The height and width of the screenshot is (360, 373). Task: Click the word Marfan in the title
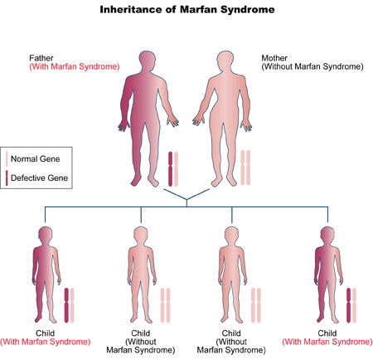(x=198, y=9)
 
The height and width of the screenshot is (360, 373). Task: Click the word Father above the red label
(x=41, y=58)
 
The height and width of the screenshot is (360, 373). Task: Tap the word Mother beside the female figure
(x=274, y=58)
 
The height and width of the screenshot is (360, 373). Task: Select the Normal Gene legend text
(x=36, y=159)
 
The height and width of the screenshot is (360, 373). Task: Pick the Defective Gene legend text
(x=39, y=178)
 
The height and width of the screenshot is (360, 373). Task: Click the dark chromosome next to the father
(x=171, y=168)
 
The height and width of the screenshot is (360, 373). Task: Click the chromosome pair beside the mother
(x=245, y=168)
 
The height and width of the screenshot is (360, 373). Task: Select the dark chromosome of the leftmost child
(x=66, y=305)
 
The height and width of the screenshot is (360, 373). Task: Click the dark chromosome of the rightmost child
(x=349, y=305)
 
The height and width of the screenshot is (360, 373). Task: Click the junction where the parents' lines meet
(x=186, y=199)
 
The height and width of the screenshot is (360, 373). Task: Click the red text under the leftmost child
(x=46, y=342)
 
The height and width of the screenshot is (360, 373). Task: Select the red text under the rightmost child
(x=327, y=342)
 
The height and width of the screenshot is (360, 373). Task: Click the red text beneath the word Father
(x=75, y=66)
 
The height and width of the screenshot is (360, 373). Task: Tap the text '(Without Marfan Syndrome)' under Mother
(x=312, y=66)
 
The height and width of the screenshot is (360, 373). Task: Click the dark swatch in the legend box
(x=7, y=178)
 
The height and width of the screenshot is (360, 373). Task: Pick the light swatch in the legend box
(x=7, y=159)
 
